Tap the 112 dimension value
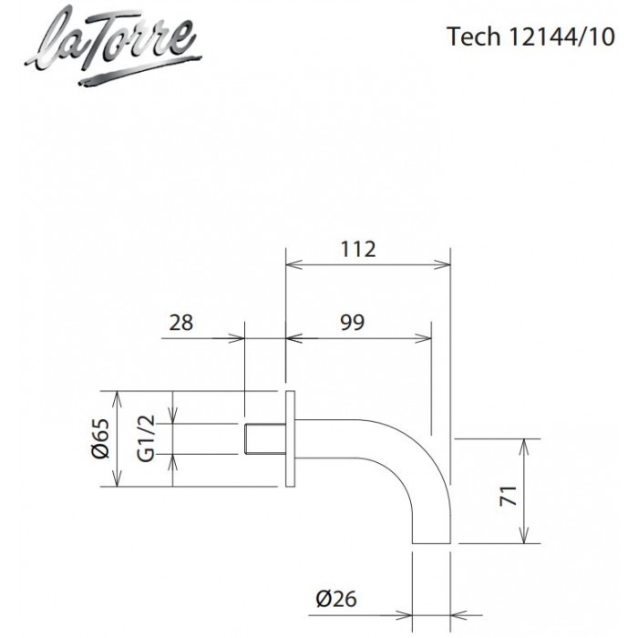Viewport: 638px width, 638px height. (358, 249)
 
